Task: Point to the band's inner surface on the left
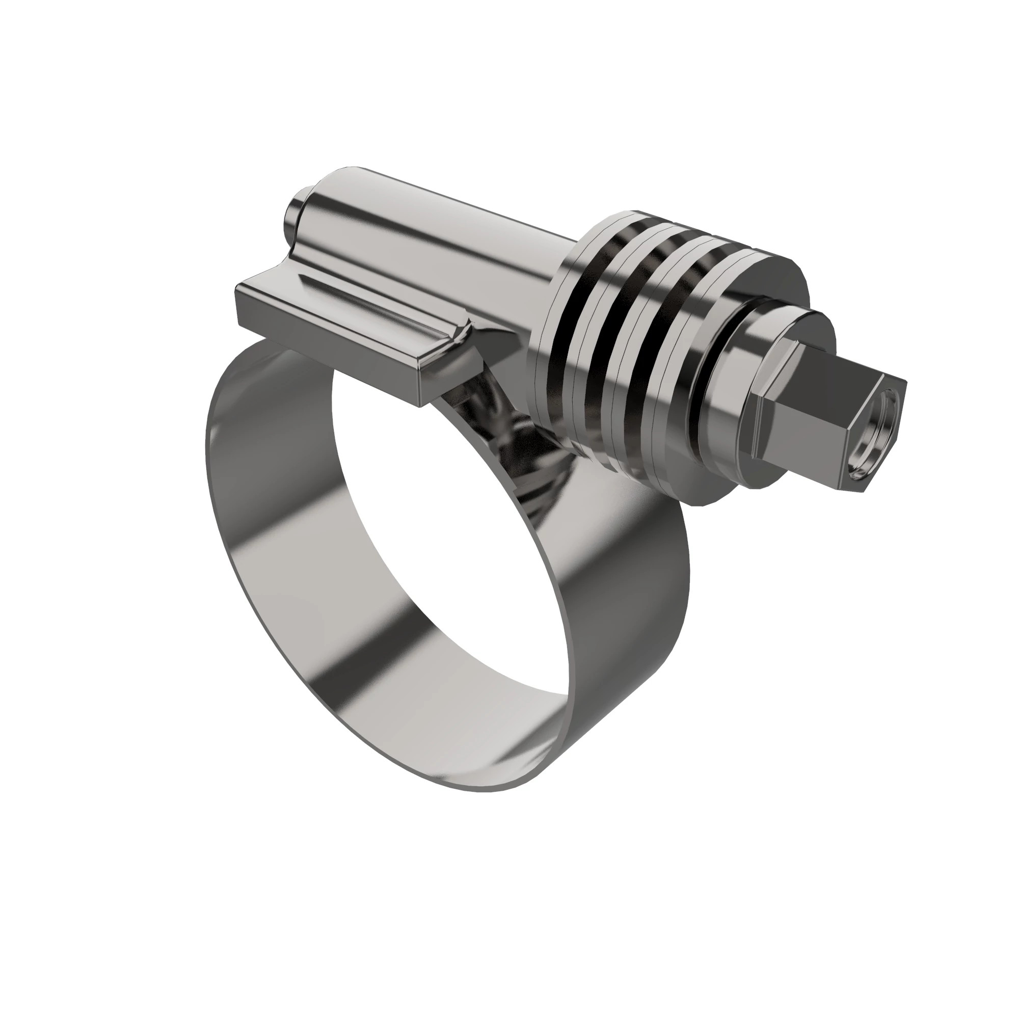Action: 274,475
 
